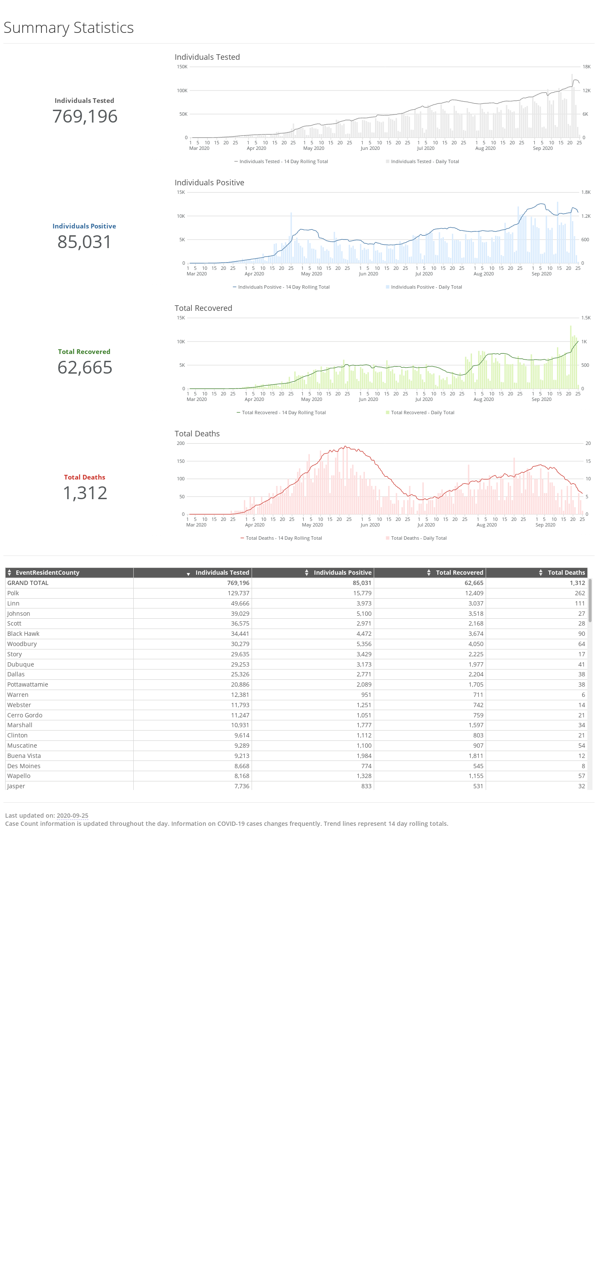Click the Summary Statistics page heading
[69, 28]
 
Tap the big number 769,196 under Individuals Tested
[85, 117]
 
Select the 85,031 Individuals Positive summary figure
[85, 242]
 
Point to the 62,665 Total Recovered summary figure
[85, 368]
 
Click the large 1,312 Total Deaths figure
[85, 493]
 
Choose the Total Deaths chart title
[197, 434]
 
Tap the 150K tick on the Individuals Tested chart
[182, 67]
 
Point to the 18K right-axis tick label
[586, 67]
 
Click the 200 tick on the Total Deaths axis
[181, 443]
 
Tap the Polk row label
[13, 593]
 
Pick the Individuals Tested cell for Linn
[240, 603]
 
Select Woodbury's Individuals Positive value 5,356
[363, 644]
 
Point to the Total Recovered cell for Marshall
[475, 725]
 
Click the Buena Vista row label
[24, 756]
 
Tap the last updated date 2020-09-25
[72, 816]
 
